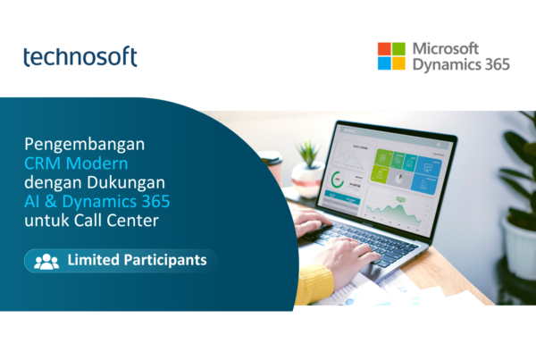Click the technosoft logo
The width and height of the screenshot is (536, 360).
[x=80, y=56]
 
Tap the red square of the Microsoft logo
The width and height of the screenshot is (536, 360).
[x=384, y=49]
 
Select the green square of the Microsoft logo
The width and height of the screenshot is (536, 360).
[x=398, y=49]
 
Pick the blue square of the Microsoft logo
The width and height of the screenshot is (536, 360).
[x=384, y=63]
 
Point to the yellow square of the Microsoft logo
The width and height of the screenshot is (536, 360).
[x=398, y=63]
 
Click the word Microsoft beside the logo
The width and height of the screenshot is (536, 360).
[x=446, y=48]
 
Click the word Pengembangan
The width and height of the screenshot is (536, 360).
[x=85, y=145]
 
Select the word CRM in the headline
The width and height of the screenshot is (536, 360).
[x=42, y=163]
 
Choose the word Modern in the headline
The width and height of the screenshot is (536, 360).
[x=96, y=163]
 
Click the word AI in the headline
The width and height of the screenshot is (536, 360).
[x=32, y=201]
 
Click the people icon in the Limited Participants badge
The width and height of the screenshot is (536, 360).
[x=46, y=262]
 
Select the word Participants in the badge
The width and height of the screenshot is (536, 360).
[x=165, y=260]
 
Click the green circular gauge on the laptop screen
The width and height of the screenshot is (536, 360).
[x=338, y=180]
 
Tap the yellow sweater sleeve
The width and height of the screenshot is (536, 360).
[x=314, y=284]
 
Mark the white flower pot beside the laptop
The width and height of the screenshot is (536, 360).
[x=518, y=246]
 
